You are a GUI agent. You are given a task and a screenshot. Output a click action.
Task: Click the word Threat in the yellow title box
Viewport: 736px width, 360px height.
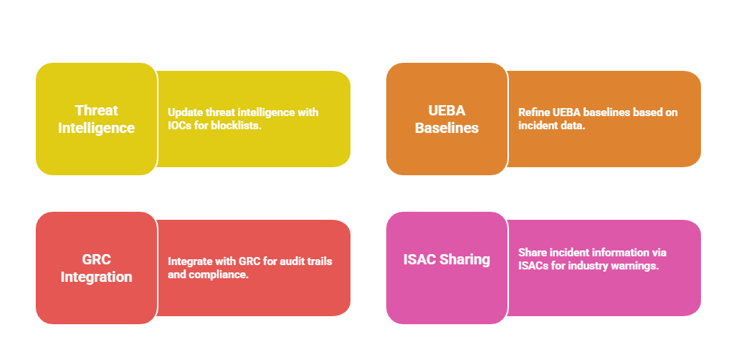(x=96, y=110)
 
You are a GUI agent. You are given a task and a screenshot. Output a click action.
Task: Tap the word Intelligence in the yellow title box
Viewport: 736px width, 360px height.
(x=96, y=128)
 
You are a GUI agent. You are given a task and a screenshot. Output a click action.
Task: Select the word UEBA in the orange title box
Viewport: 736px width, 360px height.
(x=446, y=110)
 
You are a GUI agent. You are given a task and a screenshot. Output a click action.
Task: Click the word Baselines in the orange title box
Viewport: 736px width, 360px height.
(x=446, y=128)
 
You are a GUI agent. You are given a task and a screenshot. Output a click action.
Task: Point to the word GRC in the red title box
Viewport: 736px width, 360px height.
(x=96, y=259)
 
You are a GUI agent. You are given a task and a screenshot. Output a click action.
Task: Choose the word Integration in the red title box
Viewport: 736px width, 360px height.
(x=96, y=277)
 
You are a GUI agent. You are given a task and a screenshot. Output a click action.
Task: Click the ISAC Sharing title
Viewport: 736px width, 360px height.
(x=446, y=259)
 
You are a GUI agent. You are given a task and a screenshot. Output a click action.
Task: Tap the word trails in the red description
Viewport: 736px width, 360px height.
(x=320, y=261)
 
